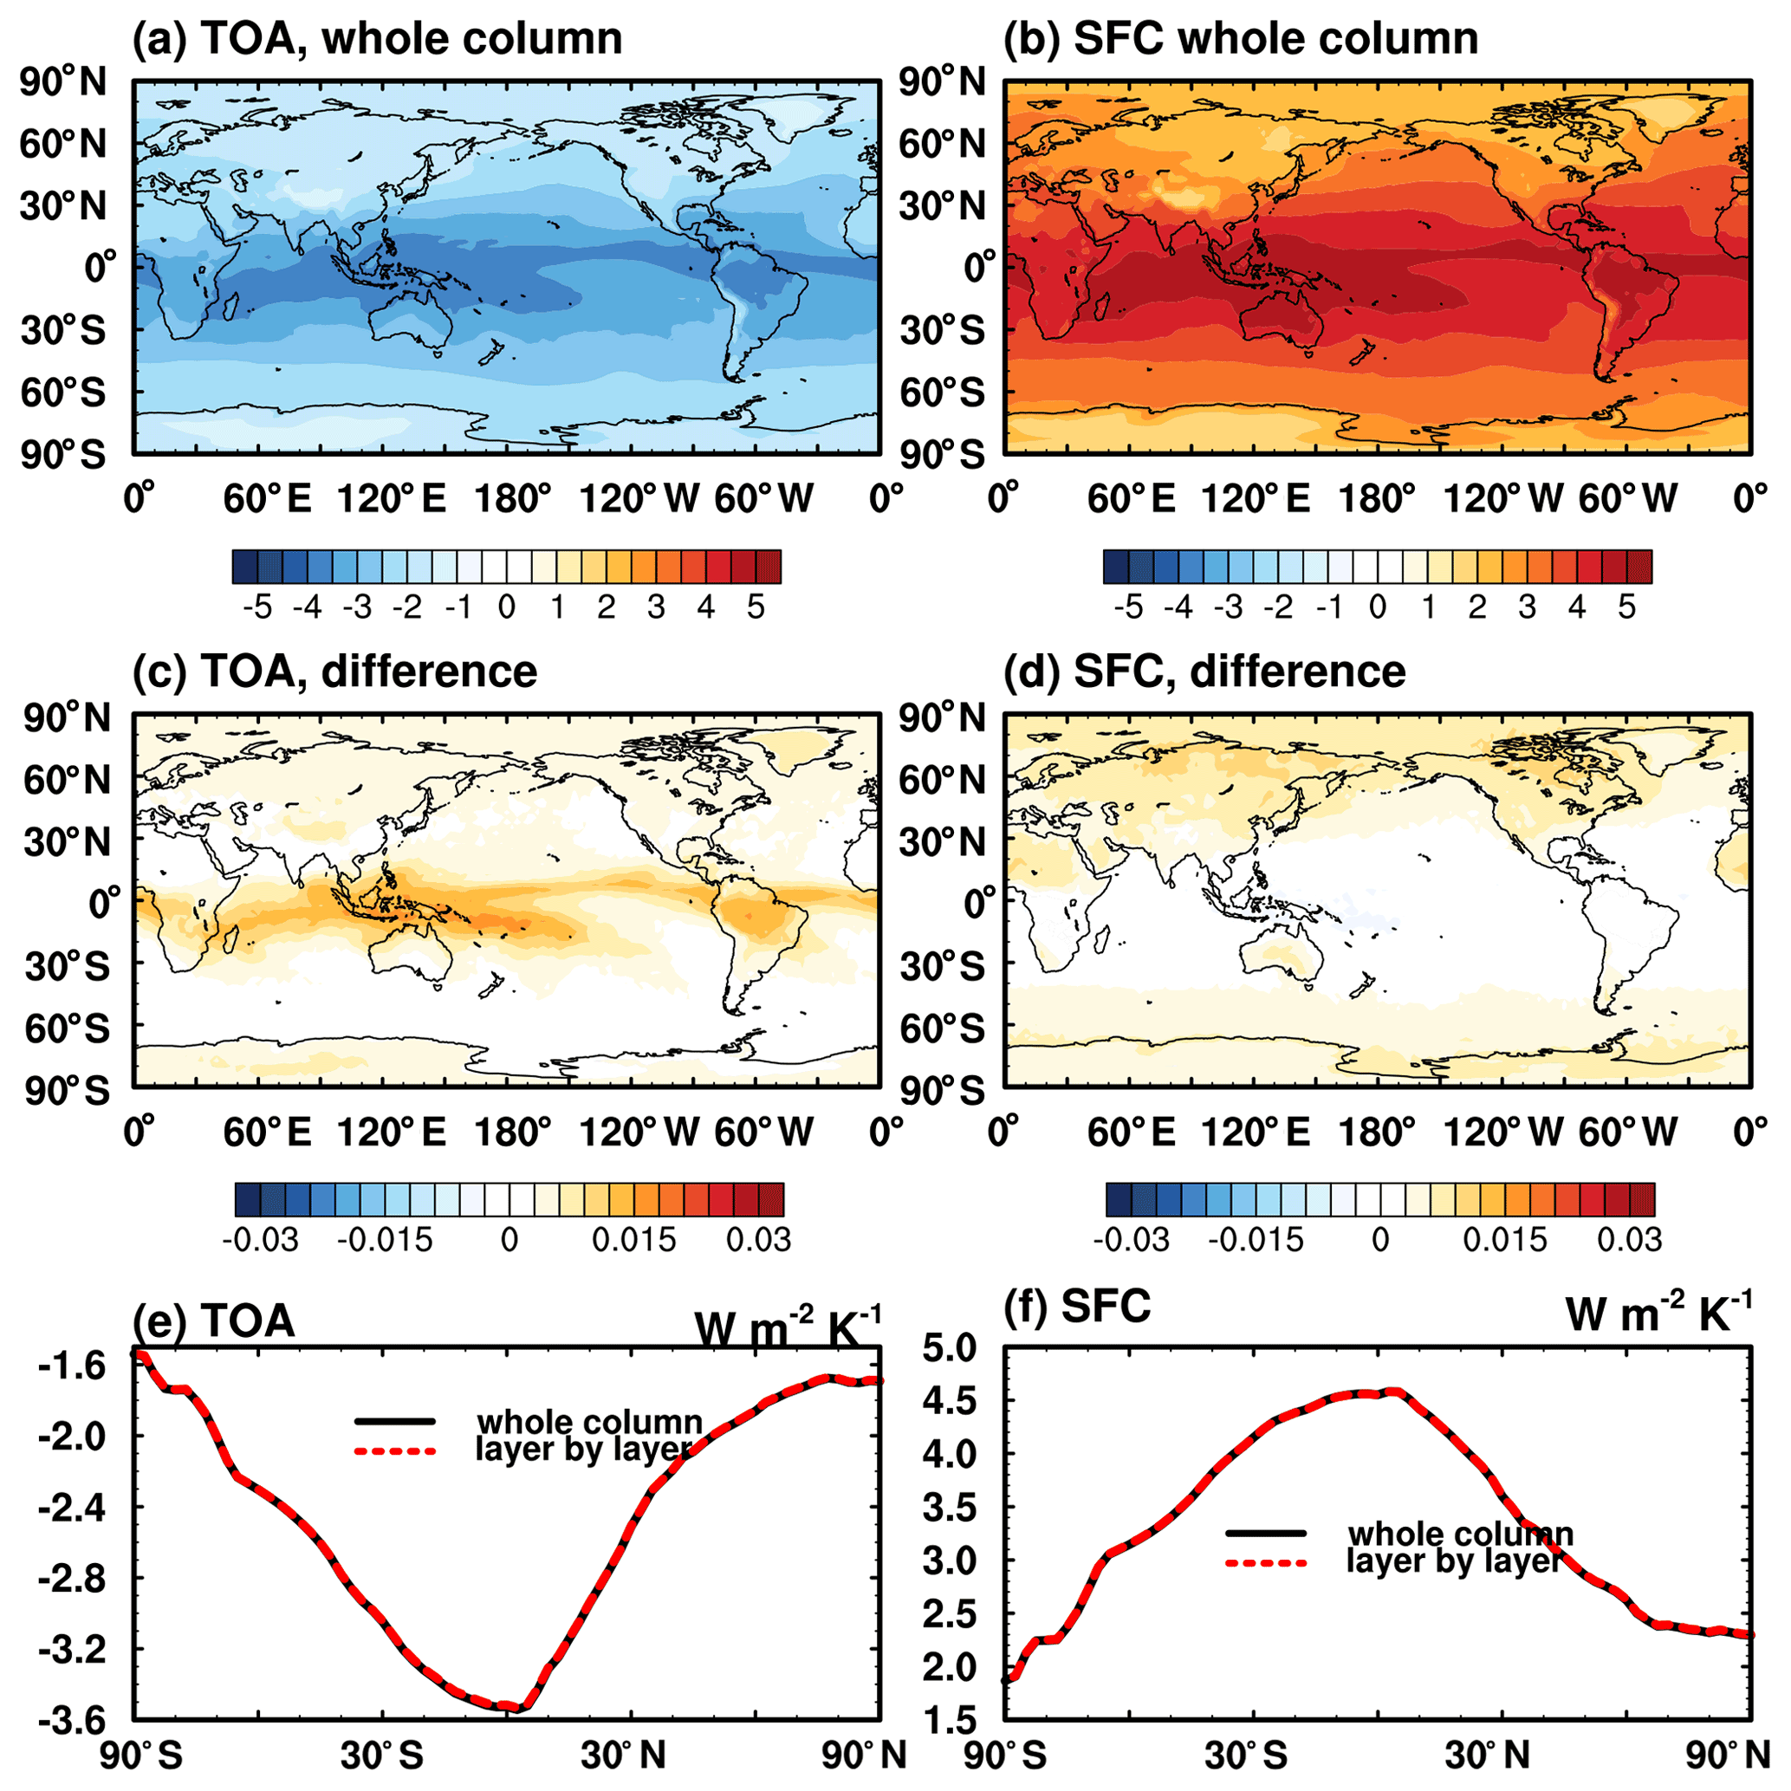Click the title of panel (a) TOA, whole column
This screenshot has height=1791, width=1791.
pos(377,39)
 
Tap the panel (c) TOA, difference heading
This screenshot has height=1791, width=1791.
pos(334,672)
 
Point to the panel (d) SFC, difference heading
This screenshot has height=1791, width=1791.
pos(1204,672)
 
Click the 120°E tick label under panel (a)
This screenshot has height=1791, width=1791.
pos(391,500)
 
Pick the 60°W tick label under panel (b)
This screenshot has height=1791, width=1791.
pos(1628,500)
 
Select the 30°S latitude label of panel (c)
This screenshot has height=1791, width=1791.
pos(63,967)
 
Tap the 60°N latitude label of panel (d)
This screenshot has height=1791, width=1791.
pos(940,781)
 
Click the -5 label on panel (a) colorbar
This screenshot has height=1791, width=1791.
pos(256,608)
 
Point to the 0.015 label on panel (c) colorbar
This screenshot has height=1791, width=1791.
pos(635,1240)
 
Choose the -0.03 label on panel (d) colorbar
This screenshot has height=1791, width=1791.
pos(1132,1240)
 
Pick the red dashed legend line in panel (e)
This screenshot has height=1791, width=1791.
pos(395,1451)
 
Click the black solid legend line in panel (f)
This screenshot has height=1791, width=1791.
pos(1265,1534)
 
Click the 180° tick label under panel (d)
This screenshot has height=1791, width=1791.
pos(1379,1132)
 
